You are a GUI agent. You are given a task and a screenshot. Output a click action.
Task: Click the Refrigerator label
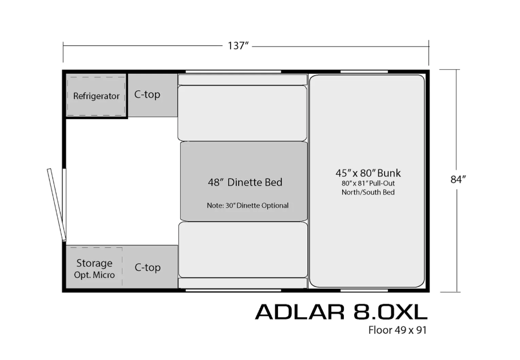(x=96, y=96)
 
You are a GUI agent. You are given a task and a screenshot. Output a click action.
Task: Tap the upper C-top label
(x=147, y=94)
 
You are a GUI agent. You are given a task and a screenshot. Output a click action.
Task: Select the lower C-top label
(x=148, y=267)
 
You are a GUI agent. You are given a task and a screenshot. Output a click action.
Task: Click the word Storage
(x=94, y=263)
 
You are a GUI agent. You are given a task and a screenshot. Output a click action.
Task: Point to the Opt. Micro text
(x=94, y=275)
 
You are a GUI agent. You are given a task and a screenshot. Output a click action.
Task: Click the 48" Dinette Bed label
(x=245, y=182)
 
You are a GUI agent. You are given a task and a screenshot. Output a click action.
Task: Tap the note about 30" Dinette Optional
(x=248, y=205)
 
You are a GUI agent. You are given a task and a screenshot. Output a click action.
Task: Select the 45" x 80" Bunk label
(x=368, y=173)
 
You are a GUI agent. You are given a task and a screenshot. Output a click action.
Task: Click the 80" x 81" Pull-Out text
(x=368, y=183)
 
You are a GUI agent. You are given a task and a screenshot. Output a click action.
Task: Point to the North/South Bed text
(x=368, y=192)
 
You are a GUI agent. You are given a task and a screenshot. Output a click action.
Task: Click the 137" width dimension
(x=238, y=46)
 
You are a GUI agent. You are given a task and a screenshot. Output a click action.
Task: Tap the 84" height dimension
(x=458, y=179)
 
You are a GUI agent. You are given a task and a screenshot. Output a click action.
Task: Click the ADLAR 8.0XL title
(x=342, y=312)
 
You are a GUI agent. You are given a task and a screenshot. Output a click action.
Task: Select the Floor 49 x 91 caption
(x=398, y=330)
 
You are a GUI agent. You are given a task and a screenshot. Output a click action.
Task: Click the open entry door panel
(x=56, y=205)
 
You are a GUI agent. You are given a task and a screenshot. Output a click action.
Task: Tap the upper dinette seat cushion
(x=243, y=113)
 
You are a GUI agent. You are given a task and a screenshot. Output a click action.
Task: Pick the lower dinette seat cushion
(x=243, y=250)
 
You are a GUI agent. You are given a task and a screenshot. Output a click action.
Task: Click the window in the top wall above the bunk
(x=364, y=72)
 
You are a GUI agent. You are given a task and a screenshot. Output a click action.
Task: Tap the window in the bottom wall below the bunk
(x=364, y=290)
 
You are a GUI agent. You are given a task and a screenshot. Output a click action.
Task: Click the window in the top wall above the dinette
(x=233, y=72)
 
